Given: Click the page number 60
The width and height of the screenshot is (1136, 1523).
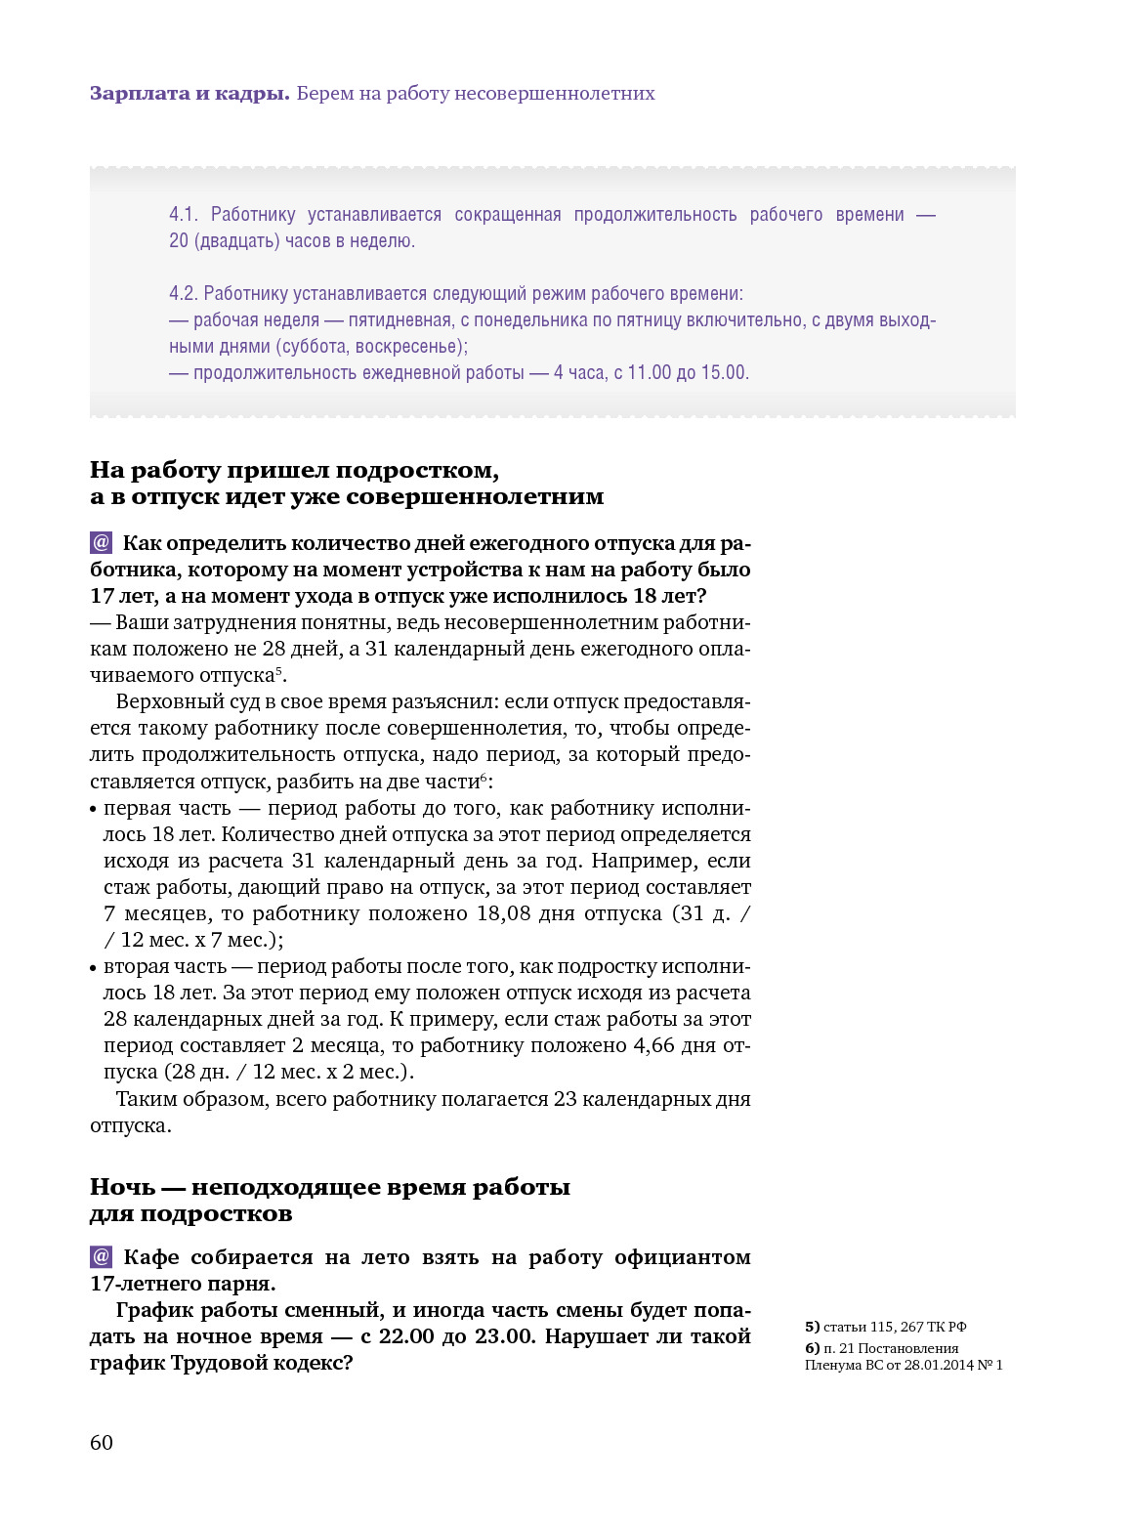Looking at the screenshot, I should pos(102,1443).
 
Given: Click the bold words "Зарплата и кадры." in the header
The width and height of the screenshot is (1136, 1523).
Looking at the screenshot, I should pos(189,94).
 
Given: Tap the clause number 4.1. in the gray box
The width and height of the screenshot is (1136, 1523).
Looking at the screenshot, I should pos(184,215).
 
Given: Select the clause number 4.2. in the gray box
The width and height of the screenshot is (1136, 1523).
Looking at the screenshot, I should pos(184,294).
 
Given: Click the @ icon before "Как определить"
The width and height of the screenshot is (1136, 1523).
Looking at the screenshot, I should pos(102,543).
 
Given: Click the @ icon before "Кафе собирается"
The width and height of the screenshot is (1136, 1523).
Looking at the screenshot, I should pos(102,1257).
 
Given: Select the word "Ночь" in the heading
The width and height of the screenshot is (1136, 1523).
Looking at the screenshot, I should pos(122,1188).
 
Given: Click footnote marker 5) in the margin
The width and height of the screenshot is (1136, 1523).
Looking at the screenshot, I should pos(812,1327).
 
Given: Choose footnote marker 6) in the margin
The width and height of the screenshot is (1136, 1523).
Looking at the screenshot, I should pos(812,1348).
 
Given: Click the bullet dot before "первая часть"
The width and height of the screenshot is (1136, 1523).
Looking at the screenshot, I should pos(94,810).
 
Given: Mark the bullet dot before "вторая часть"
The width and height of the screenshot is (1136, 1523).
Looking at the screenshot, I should pos(94,968).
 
